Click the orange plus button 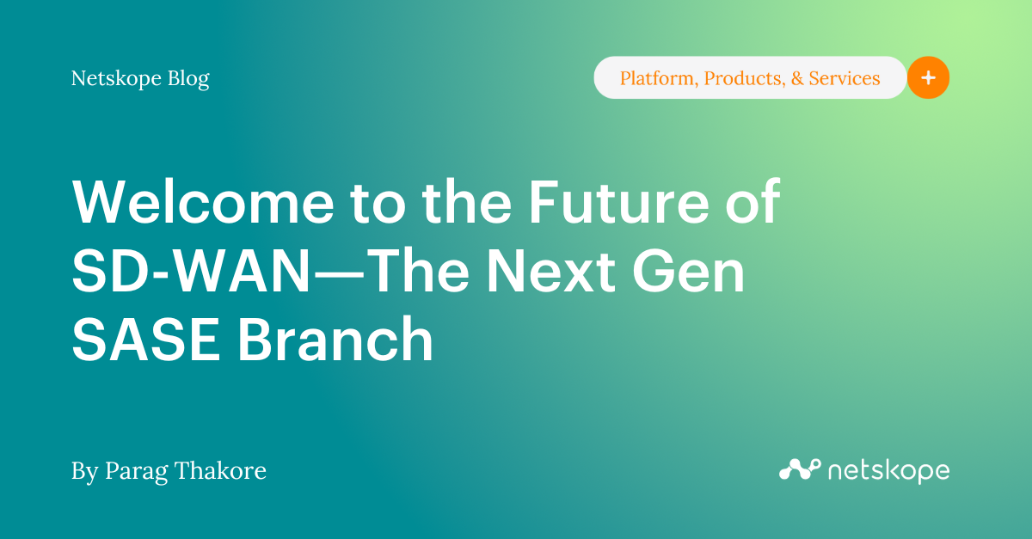[928, 78]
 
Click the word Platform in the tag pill [658, 79]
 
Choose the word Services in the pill [846, 79]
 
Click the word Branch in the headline [335, 340]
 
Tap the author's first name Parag [133, 471]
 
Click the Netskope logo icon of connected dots [799, 469]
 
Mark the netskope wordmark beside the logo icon [888, 471]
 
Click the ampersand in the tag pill [797, 79]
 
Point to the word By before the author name [84, 471]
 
